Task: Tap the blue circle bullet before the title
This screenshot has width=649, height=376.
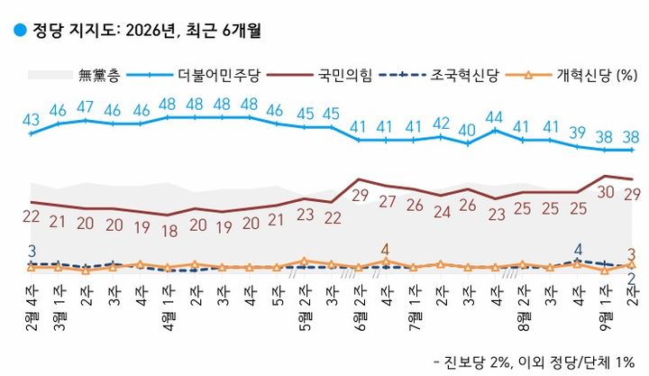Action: (20, 30)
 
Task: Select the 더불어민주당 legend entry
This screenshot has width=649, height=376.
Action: (193, 75)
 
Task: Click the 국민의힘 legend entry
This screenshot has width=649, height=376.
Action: (319, 75)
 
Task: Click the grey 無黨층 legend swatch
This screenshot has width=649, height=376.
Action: (50, 75)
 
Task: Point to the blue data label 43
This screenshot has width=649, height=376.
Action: (31, 120)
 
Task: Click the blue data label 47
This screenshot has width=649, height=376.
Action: (86, 106)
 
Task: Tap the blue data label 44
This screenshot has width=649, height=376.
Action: (494, 117)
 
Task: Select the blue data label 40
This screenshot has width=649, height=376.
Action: (467, 130)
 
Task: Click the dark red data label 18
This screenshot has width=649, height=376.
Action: (169, 231)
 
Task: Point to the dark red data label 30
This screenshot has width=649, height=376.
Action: (605, 192)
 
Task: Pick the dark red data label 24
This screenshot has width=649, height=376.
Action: (442, 212)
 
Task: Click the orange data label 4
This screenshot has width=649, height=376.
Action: (386, 250)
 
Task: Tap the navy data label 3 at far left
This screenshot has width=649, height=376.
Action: (32, 251)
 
